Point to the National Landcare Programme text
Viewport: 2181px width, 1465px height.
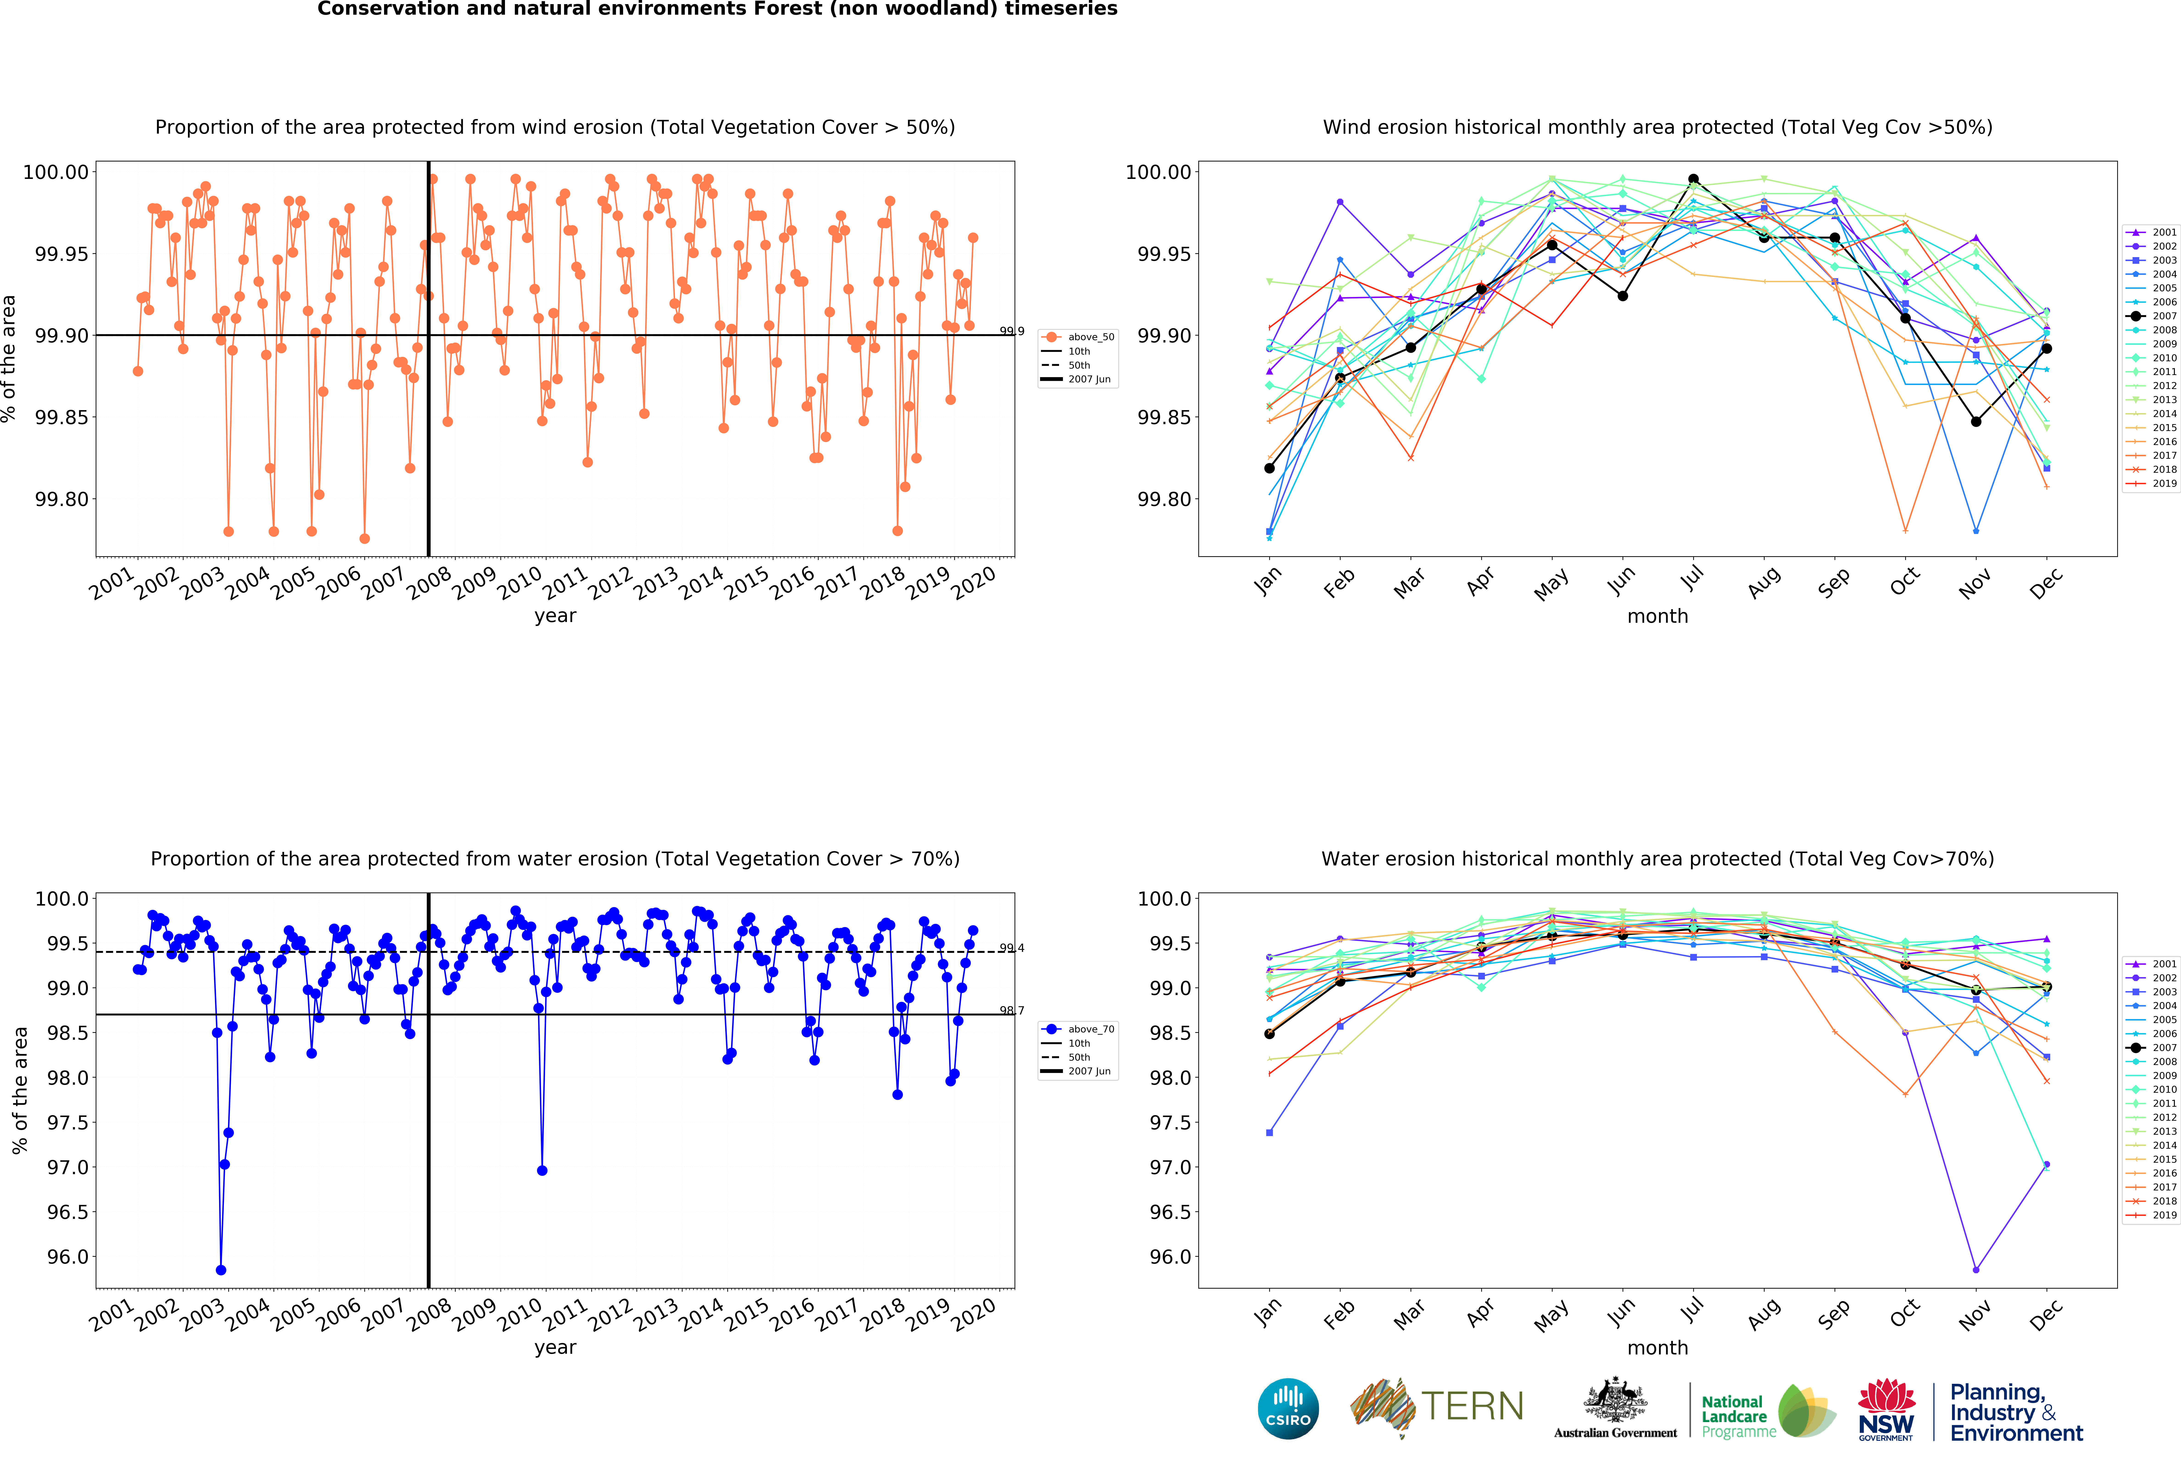click(1734, 1416)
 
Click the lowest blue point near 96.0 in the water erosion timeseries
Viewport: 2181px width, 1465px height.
click(220, 1270)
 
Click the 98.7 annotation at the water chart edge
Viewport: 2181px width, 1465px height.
click(1011, 1010)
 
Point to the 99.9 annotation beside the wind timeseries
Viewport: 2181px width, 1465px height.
click(1011, 331)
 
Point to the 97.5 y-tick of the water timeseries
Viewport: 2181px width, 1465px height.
click(67, 1122)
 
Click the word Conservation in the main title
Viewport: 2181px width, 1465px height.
click(377, 9)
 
